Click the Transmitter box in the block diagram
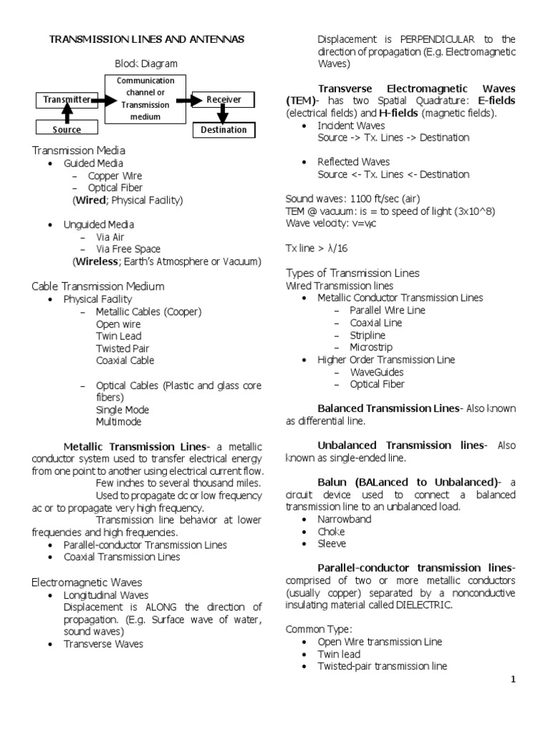pos(66,100)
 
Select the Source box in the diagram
pos(66,129)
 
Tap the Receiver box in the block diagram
pos(223,100)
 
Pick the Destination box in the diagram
pos(223,130)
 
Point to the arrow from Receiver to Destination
pos(223,114)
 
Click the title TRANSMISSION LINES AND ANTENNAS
pos(146,40)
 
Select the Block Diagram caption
pos(146,64)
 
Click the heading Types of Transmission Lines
pos(352,273)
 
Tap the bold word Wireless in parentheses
pos(96,261)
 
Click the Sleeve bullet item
pos(332,544)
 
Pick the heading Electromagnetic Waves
pos(87,583)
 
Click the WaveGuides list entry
pos(376,372)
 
